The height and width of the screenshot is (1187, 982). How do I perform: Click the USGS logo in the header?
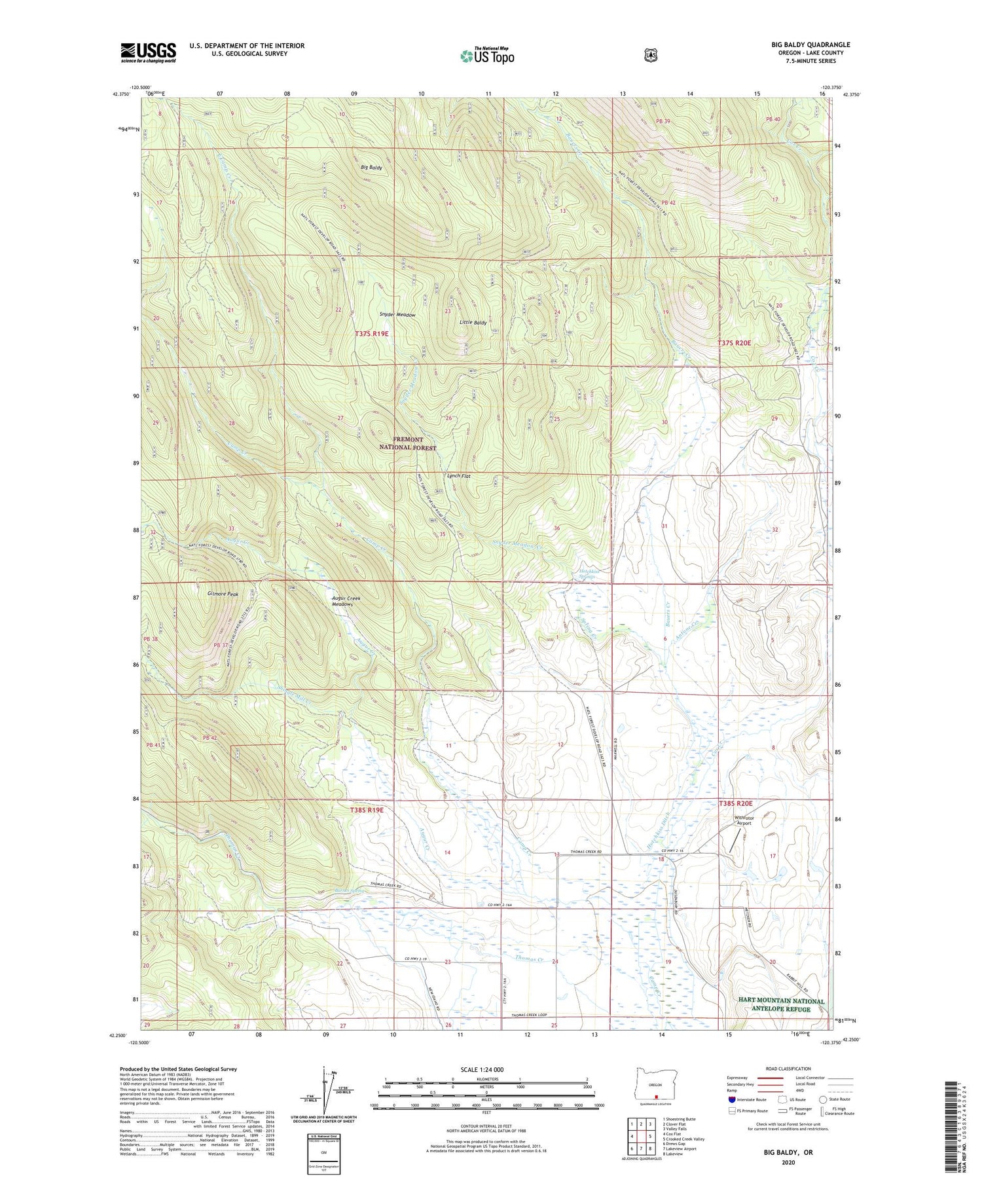tap(148, 52)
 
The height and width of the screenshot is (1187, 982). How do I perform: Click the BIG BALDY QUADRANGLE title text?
tap(810, 45)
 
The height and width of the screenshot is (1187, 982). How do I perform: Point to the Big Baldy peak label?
tap(371, 168)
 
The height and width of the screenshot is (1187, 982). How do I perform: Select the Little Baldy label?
tap(472, 323)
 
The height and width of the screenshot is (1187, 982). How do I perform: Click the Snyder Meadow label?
tap(396, 315)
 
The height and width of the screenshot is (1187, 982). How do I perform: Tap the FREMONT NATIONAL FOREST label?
tap(408, 443)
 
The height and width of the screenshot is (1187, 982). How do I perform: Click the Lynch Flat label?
tap(458, 476)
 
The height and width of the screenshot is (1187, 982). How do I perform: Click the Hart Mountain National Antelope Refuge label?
tap(781, 1005)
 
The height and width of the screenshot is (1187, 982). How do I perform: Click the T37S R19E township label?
tap(372, 333)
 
